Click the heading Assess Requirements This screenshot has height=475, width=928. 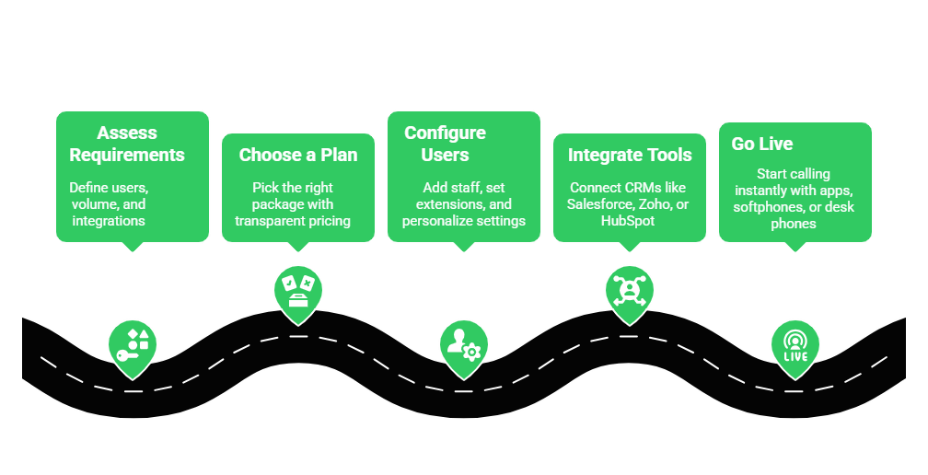127,144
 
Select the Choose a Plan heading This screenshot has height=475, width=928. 297,155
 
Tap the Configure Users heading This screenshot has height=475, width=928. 445,144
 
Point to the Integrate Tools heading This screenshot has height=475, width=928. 629,155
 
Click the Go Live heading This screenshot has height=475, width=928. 761,144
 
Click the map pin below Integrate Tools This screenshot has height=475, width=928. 630,291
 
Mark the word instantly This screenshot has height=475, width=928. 761,191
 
